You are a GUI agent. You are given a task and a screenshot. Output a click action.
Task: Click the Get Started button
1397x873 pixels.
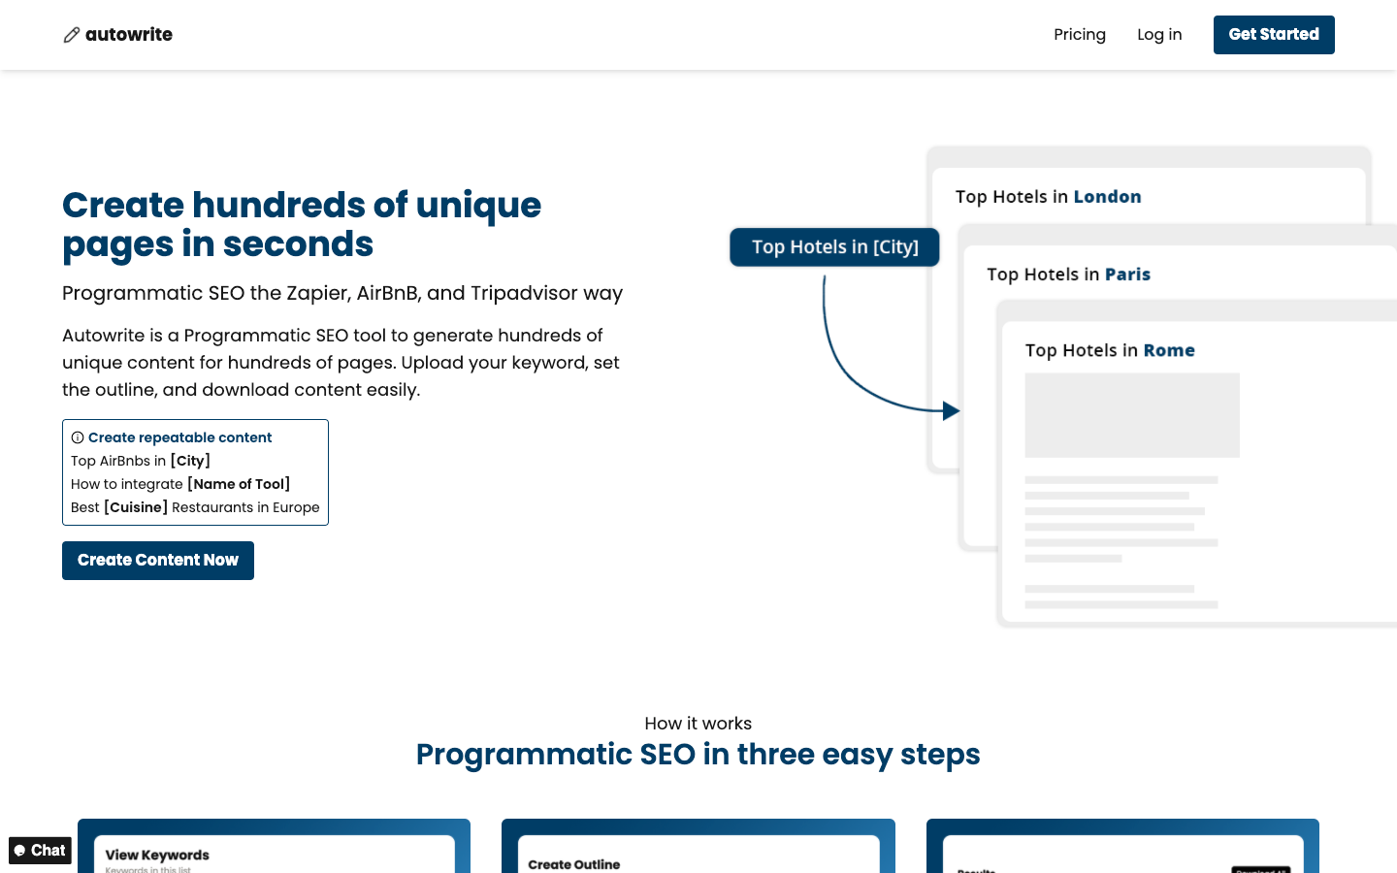[x=1273, y=35]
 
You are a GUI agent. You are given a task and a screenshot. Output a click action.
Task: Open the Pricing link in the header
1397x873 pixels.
[x=1080, y=35]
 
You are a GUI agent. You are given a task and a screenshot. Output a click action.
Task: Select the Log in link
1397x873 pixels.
[x=1159, y=35]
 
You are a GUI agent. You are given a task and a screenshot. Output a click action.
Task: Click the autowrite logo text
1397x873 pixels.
[x=129, y=35]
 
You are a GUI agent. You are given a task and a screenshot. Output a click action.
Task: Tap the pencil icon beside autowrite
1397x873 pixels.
[x=72, y=35]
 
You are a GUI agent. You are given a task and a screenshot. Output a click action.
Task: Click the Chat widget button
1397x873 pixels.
[x=40, y=851]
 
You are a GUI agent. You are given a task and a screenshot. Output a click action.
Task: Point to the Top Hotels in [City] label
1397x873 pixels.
[x=834, y=247]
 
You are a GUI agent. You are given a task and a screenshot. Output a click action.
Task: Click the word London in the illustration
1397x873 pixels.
[x=1107, y=197]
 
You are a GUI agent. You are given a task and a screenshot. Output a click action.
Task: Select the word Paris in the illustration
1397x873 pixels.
[x=1127, y=275]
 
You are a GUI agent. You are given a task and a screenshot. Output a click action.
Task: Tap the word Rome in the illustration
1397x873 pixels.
[x=1169, y=350]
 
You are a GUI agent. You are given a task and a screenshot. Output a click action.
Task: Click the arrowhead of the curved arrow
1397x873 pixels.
[x=951, y=410]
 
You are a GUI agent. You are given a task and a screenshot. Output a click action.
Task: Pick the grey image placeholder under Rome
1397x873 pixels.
[x=1132, y=415]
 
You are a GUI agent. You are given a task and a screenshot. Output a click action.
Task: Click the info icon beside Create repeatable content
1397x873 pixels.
[x=78, y=437]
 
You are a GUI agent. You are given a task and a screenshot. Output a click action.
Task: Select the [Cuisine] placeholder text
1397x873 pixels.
[x=136, y=507]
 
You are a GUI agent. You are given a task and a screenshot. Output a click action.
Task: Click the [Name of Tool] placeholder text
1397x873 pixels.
[x=239, y=484]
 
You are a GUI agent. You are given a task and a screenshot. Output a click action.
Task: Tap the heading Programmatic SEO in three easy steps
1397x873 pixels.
[x=698, y=755]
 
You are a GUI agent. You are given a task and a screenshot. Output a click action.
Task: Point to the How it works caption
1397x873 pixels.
[x=698, y=724]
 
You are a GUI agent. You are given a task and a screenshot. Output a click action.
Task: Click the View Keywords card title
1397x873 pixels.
[x=157, y=855]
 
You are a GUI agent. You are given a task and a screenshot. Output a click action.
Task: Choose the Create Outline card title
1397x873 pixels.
[x=573, y=864]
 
